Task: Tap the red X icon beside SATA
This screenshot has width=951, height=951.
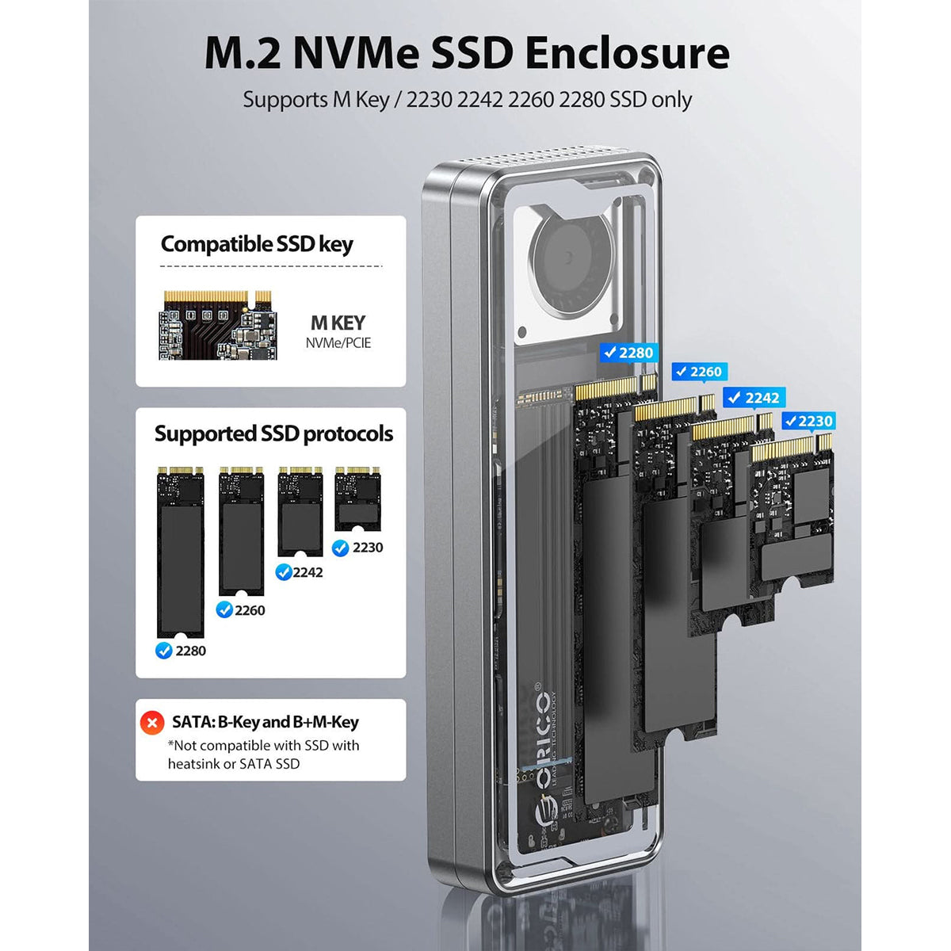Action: (152, 723)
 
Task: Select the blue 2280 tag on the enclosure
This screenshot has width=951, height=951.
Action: (629, 353)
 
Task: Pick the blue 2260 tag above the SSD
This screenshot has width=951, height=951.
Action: (700, 372)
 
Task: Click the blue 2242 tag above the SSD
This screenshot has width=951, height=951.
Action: (754, 397)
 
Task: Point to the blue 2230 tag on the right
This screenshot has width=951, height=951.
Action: (808, 421)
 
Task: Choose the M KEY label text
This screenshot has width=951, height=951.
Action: (338, 323)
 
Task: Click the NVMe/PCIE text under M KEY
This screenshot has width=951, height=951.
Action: (338, 343)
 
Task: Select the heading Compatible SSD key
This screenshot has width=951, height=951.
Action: (257, 244)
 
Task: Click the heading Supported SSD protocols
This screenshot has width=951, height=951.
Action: (274, 433)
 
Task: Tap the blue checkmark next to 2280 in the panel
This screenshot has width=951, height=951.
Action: (163, 651)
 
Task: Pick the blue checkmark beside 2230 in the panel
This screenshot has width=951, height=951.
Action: (340, 548)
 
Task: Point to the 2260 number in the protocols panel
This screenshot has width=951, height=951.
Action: (250, 610)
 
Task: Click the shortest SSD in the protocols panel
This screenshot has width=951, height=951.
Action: (357, 498)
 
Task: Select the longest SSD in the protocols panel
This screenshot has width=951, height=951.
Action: (180, 552)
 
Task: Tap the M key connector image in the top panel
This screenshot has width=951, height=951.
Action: (218, 325)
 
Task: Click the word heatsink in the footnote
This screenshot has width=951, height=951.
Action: (193, 764)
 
